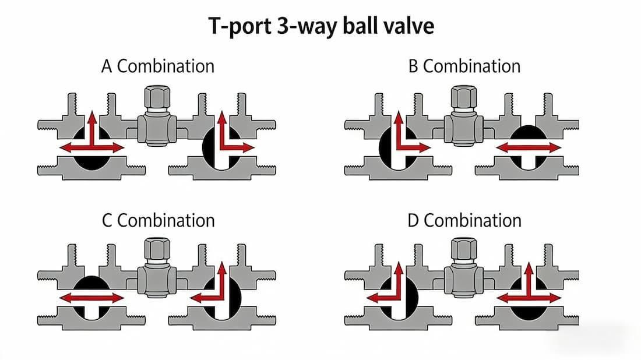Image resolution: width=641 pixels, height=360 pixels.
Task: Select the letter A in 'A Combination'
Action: [x=107, y=66]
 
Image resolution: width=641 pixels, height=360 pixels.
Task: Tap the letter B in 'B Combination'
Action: [x=413, y=66]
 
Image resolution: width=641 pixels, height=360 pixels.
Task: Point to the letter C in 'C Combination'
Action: [x=107, y=221]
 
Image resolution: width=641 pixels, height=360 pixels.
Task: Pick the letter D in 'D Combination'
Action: [x=414, y=221]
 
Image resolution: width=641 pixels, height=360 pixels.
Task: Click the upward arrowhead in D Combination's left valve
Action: [x=399, y=269]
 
